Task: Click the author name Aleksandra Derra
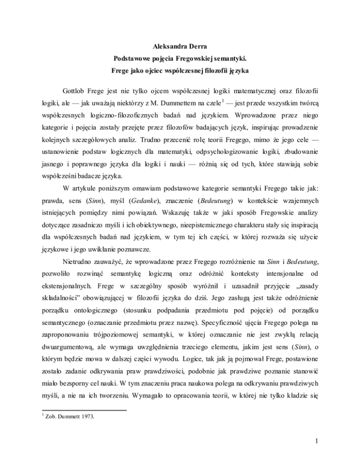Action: pos(180,47)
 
